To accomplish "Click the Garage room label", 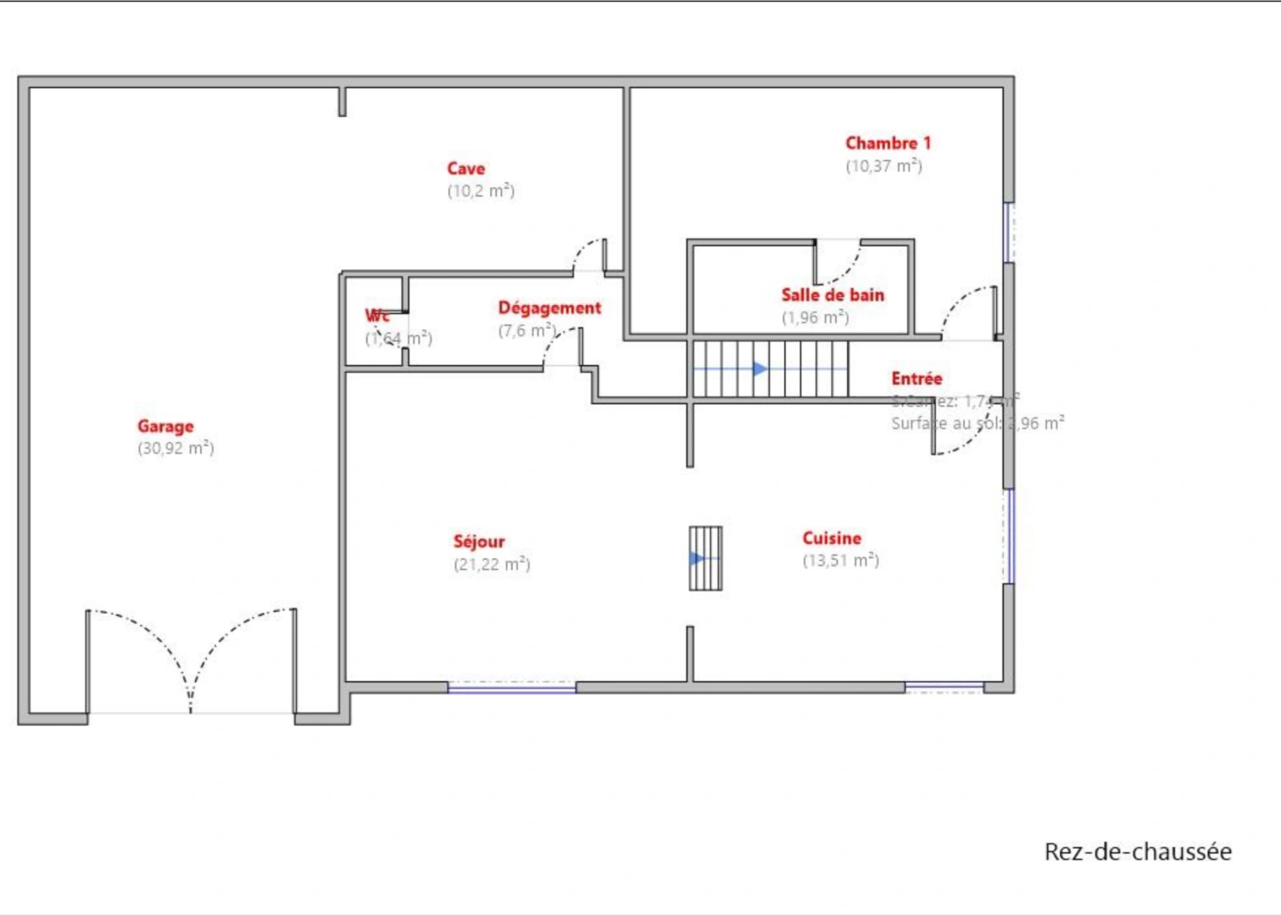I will coord(165,426).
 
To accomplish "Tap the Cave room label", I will coord(465,169).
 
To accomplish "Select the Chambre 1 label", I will coord(888,143).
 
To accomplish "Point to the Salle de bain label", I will coord(833,295).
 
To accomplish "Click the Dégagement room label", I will coord(549,308).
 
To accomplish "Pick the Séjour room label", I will coord(479,541).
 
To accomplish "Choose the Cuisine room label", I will coord(832,538).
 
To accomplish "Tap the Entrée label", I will coord(916,379).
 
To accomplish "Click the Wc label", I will coord(377,316).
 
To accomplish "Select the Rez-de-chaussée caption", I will coord(1138,851).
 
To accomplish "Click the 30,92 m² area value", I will coord(175,448).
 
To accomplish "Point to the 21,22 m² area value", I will coord(492,564).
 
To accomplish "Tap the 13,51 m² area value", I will coord(841,560).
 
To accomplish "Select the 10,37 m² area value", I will coord(883,166).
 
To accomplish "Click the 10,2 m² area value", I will coord(481,191).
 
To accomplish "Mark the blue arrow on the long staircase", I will coord(760,369).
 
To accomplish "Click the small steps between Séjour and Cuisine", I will coord(705,558).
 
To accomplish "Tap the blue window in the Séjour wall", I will coord(511,689).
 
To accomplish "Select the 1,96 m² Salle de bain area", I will coord(815,318).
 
